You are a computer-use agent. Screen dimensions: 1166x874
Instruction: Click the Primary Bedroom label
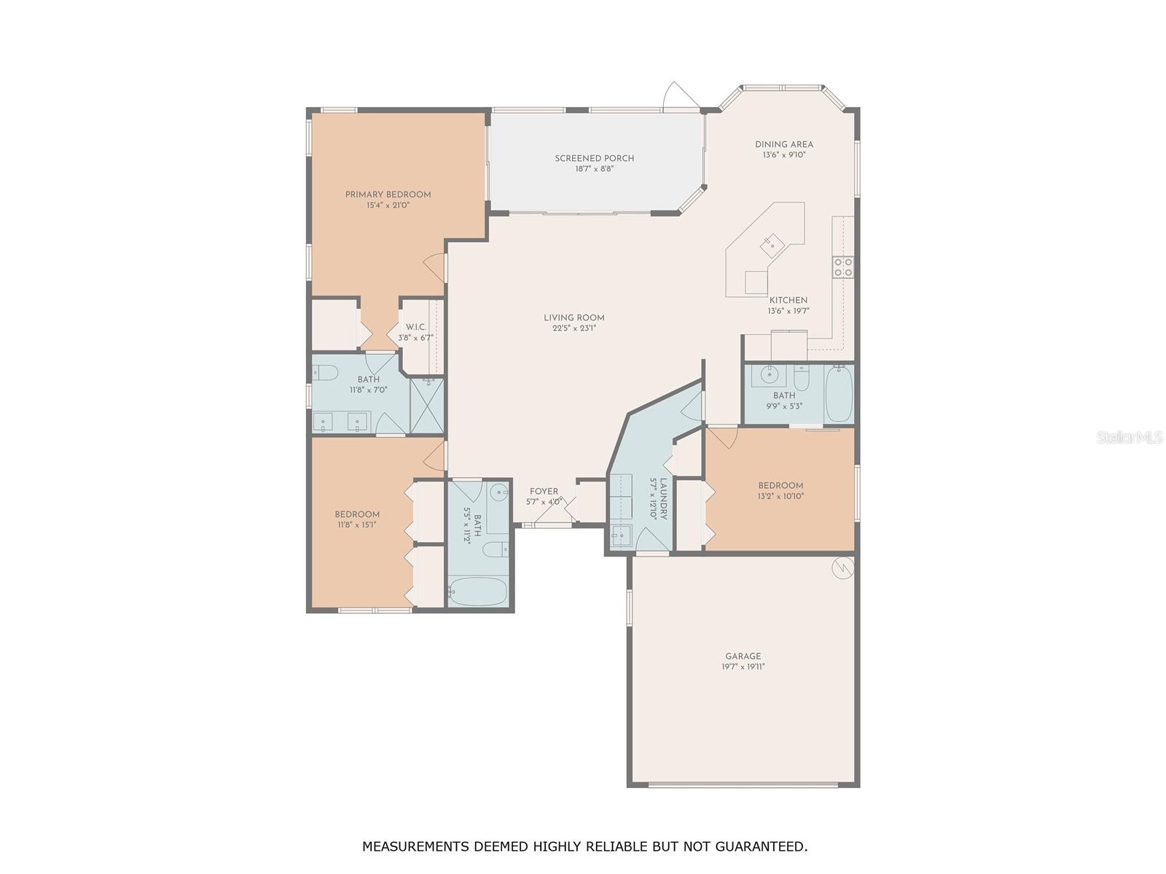[388, 194]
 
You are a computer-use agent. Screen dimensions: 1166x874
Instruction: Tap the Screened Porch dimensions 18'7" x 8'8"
[594, 169]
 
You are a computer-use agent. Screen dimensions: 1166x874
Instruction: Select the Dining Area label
[784, 144]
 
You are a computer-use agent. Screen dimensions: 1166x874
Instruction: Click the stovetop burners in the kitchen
[842, 267]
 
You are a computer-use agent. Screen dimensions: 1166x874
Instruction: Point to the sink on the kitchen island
[771, 245]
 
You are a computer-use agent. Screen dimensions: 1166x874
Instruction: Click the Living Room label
[574, 318]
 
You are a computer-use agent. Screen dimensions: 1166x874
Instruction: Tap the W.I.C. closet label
[416, 327]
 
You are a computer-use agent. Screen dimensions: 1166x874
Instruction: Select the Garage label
[743, 656]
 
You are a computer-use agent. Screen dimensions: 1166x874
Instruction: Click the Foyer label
[544, 492]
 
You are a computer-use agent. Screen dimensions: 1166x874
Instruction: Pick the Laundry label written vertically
[663, 499]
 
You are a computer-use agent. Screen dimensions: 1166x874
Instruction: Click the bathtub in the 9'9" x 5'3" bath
[839, 393]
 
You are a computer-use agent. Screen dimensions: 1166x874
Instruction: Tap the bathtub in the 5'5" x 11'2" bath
[478, 591]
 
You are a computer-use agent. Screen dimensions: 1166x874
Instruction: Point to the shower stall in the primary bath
[426, 406]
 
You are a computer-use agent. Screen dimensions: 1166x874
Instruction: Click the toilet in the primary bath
[324, 373]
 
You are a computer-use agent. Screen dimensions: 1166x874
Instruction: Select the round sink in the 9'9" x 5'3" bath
[769, 375]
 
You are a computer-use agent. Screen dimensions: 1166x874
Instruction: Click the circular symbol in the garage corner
[842, 568]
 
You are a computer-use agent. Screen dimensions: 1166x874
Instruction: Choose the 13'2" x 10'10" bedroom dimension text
[780, 496]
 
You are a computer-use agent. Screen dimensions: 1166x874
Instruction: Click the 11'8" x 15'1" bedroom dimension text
[357, 525]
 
